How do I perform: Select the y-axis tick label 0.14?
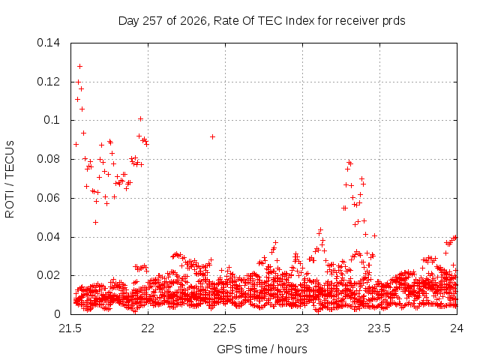coord(48,43)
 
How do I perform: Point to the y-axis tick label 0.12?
coord(48,82)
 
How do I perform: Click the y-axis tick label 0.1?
coord(52,120)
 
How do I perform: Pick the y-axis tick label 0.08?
coord(48,159)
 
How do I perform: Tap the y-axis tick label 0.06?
coord(48,198)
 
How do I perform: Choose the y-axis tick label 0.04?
coord(48,237)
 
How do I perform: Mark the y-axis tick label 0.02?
coord(48,275)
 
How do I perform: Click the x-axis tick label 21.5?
coord(70,328)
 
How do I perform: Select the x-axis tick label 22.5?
coord(225,328)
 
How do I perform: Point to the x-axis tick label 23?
coord(302,328)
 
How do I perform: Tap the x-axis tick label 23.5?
coord(379,328)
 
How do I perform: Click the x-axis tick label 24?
coord(457,328)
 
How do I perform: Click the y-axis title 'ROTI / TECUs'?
coord(10,179)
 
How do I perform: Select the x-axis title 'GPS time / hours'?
coord(262,349)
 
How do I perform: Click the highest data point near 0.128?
coord(80,66)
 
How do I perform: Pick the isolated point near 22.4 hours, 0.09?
coord(212,136)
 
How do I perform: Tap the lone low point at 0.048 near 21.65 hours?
coord(95,222)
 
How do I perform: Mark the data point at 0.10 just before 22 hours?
coord(140,118)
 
